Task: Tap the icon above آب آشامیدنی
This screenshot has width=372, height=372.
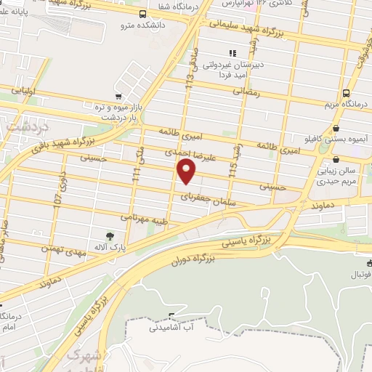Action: [x=172, y=316]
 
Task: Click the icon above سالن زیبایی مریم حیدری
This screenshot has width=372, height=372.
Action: [x=336, y=160]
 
